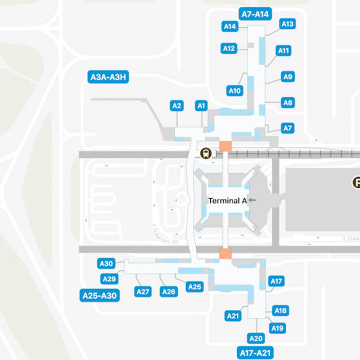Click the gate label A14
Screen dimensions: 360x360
point(229,26)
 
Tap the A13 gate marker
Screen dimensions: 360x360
point(287,24)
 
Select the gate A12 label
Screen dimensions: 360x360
point(229,48)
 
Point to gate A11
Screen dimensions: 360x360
point(284,51)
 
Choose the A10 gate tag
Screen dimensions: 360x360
point(235,91)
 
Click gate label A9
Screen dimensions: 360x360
point(287,76)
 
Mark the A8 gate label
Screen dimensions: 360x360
point(287,102)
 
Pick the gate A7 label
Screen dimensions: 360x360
point(287,128)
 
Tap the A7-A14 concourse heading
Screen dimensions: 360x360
point(255,14)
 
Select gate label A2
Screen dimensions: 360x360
point(177,105)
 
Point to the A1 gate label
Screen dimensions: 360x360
point(201,105)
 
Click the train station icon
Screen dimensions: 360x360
point(207,152)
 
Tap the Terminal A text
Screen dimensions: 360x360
point(227,200)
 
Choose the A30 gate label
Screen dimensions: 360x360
point(106,263)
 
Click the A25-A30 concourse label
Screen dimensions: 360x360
point(100,295)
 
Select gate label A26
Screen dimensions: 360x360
point(169,291)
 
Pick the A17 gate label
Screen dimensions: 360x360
point(276,281)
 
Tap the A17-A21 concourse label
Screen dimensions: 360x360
point(255,353)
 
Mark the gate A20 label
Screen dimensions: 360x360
point(256,338)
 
